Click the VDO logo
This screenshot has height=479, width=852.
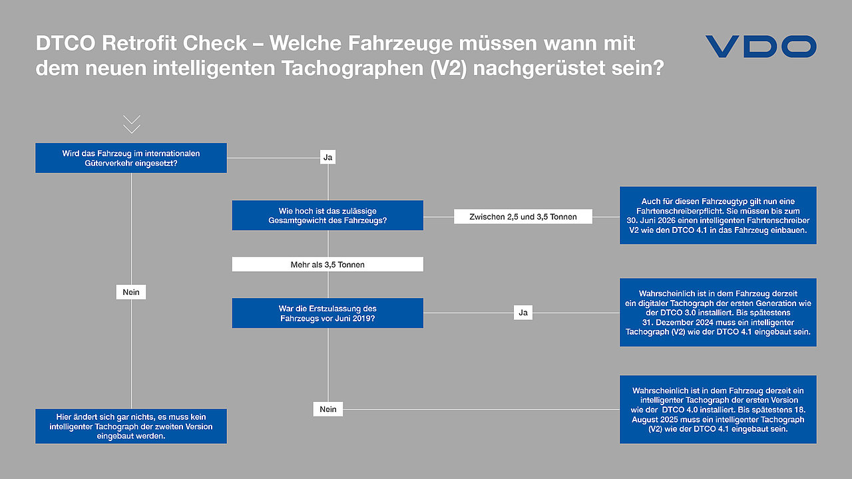pos(761,47)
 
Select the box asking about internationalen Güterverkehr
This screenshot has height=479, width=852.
pos(131,158)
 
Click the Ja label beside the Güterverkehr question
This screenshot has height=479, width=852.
pos(328,157)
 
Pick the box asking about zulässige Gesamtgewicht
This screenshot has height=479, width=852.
pos(327,215)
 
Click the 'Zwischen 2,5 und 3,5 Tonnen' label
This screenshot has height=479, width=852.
pos(523,217)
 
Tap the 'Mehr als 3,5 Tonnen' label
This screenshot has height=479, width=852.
pos(327,264)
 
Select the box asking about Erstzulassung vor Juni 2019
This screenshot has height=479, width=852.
pos(327,313)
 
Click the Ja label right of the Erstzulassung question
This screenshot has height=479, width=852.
pos(523,313)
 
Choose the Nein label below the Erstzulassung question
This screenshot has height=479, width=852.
pos(328,409)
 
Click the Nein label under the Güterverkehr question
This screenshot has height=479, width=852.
pos(131,292)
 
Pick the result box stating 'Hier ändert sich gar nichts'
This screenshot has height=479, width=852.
pos(131,426)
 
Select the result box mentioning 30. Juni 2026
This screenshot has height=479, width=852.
pos(718,215)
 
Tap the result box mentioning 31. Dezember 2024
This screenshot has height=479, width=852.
pos(718,313)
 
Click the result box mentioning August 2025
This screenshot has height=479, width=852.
pos(718,409)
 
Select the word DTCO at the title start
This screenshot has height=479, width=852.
pos(65,43)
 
